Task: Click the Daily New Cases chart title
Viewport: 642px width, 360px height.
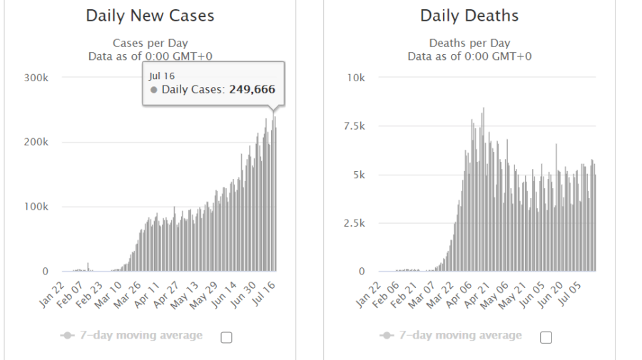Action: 150,16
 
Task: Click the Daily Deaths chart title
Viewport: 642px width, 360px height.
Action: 469,16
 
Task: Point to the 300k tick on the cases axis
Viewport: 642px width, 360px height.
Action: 36,77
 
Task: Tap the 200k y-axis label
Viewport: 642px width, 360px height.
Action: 36,142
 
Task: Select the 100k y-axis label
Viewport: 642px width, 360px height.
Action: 36,207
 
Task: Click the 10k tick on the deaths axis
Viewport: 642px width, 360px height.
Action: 355,77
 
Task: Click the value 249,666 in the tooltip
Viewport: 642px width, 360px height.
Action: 252,90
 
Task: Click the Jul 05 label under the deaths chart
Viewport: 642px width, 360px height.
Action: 570,291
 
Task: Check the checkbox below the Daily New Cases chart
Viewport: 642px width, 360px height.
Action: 227,338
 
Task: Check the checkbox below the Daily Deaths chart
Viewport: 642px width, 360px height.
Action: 546,338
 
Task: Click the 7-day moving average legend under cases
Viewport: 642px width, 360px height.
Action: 132,336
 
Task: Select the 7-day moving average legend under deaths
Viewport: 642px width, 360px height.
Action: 452,336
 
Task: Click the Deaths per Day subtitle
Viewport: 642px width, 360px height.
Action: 469,43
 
